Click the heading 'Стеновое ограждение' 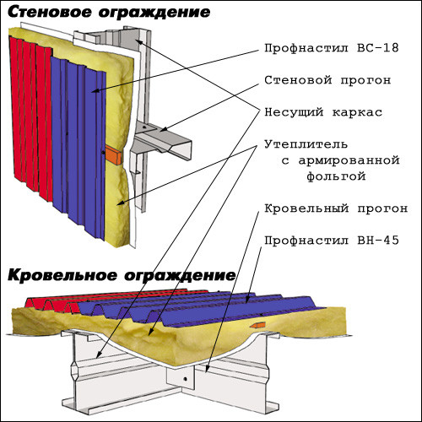coord(109,13)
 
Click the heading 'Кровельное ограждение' coord(122,275)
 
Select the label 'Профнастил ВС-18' coord(332,48)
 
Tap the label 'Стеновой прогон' coord(327,80)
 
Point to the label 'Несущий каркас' coord(323,112)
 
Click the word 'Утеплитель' coord(306,144)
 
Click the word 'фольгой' coord(336,176)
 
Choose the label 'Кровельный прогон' coord(336,208)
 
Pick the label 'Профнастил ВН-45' coord(332,241)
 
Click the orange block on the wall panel coord(113,155)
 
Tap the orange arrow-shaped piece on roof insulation coord(257,325)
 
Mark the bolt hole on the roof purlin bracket coord(185,379)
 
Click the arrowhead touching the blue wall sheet coord(95,90)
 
